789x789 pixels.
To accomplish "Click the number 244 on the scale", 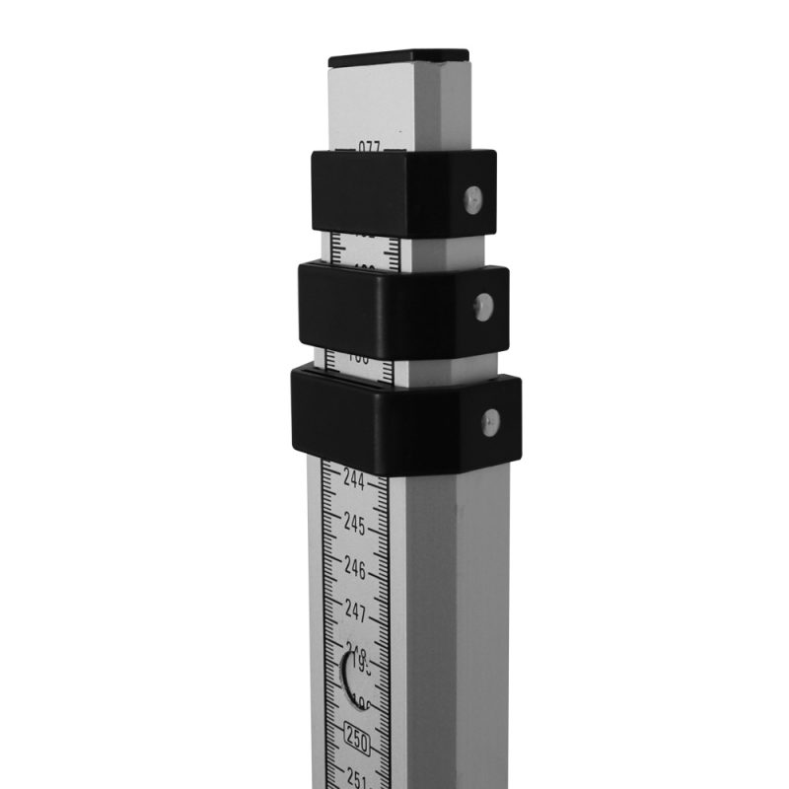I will click(x=354, y=479).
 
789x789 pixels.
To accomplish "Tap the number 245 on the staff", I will click(x=355, y=524).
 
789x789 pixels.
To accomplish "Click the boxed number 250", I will click(x=357, y=738).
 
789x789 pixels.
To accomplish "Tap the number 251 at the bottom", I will click(x=359, y=779).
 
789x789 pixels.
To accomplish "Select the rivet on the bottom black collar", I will click(x=490, y=422).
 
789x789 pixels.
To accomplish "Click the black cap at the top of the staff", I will click(x=399, y=58).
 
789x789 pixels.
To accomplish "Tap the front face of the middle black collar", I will click(x=355, y=311).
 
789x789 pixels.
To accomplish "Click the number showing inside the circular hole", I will click(x=358, y=671).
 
